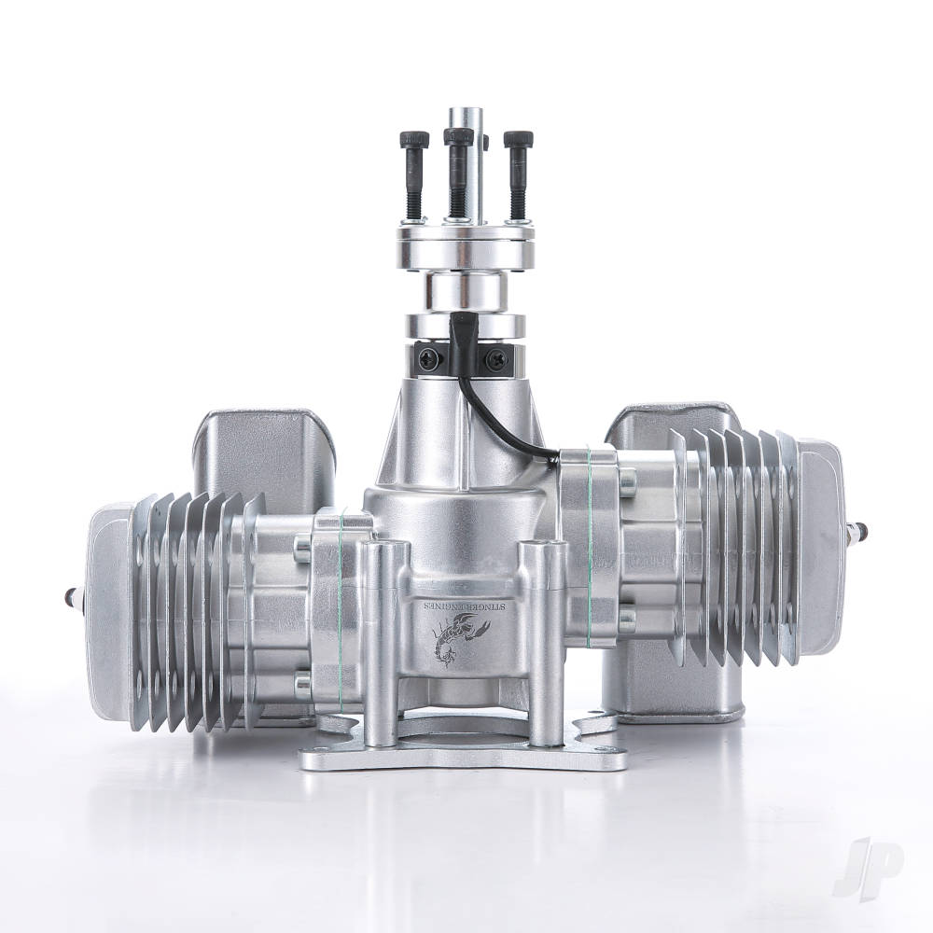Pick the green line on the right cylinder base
[x=590, y=541]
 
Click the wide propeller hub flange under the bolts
[x=464, y=233]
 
